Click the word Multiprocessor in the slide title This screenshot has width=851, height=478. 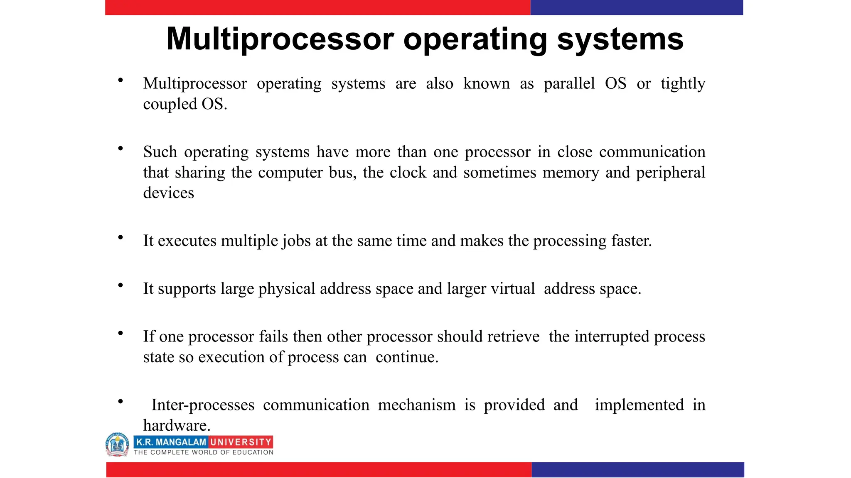(280, 40)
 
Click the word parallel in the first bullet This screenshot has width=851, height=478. (569, 84)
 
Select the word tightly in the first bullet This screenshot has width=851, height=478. (683, 84)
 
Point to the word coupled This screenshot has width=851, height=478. (170, 104)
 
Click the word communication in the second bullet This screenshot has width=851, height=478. (652, 152)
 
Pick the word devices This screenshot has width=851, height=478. (168, 193)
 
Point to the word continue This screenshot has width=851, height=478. (407, 357)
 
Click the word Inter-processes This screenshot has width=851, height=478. (203, 405)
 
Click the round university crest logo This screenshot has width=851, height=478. (118, 444)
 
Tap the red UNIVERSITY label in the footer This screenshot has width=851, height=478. (241, 442)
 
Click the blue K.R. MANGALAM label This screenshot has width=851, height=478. (171, 442)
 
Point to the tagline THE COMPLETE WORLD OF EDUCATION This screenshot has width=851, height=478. (204, 452)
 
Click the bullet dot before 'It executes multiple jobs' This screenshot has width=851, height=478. (121, 237)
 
